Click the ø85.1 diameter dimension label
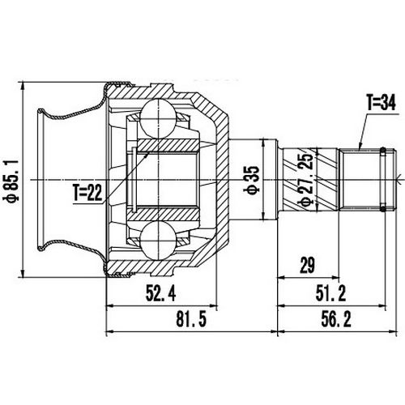click(x=11, y=179)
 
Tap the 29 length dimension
click(x=306, y=265)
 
